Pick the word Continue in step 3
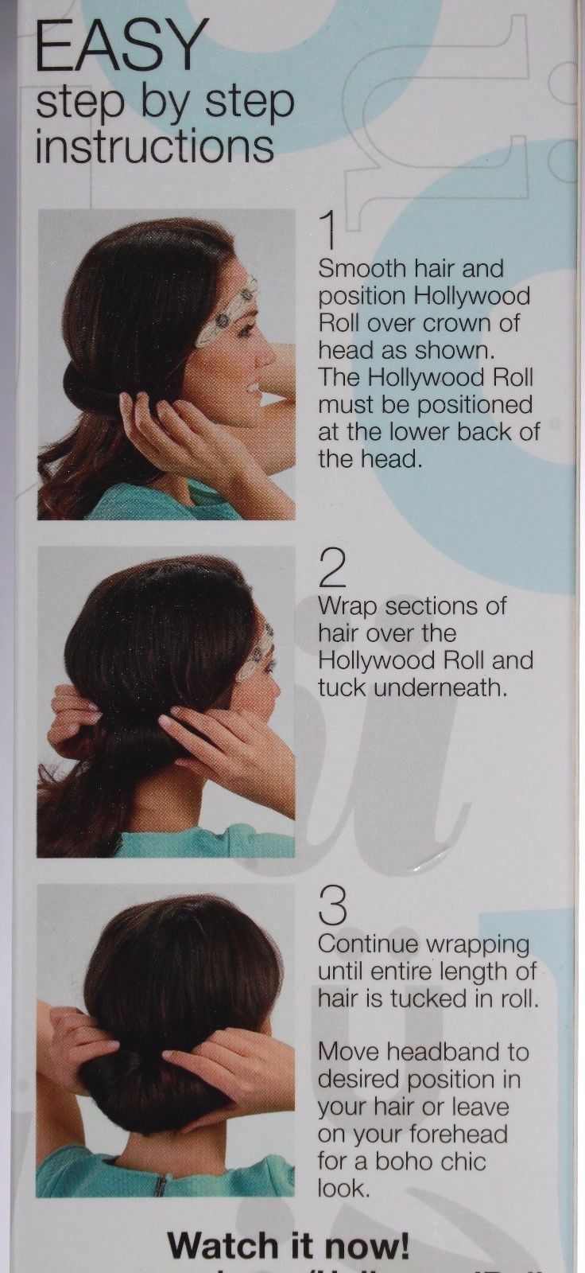click(x=368, y=944)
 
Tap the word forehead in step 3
click(x=461, y=1134)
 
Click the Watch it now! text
click(x=289, y=1245)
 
